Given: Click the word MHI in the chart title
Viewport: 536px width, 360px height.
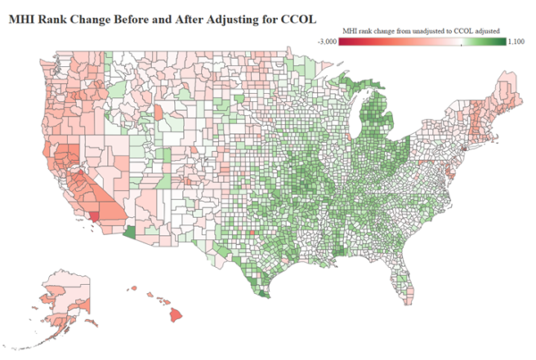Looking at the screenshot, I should click(x=23, y=17).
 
